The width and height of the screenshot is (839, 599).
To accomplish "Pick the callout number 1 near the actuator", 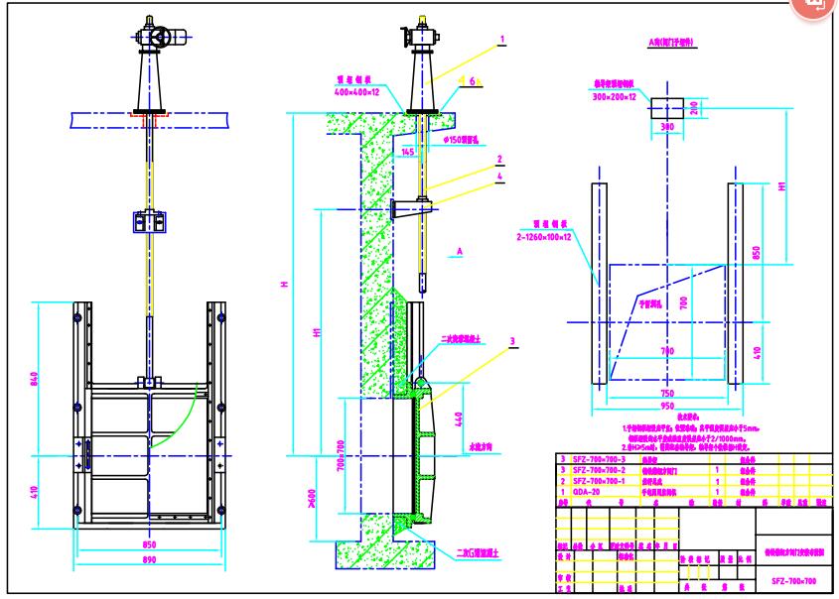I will (502, 43).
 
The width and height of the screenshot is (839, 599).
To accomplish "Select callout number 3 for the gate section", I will (514, 341).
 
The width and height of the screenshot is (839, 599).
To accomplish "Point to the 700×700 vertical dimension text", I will (338, 455).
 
